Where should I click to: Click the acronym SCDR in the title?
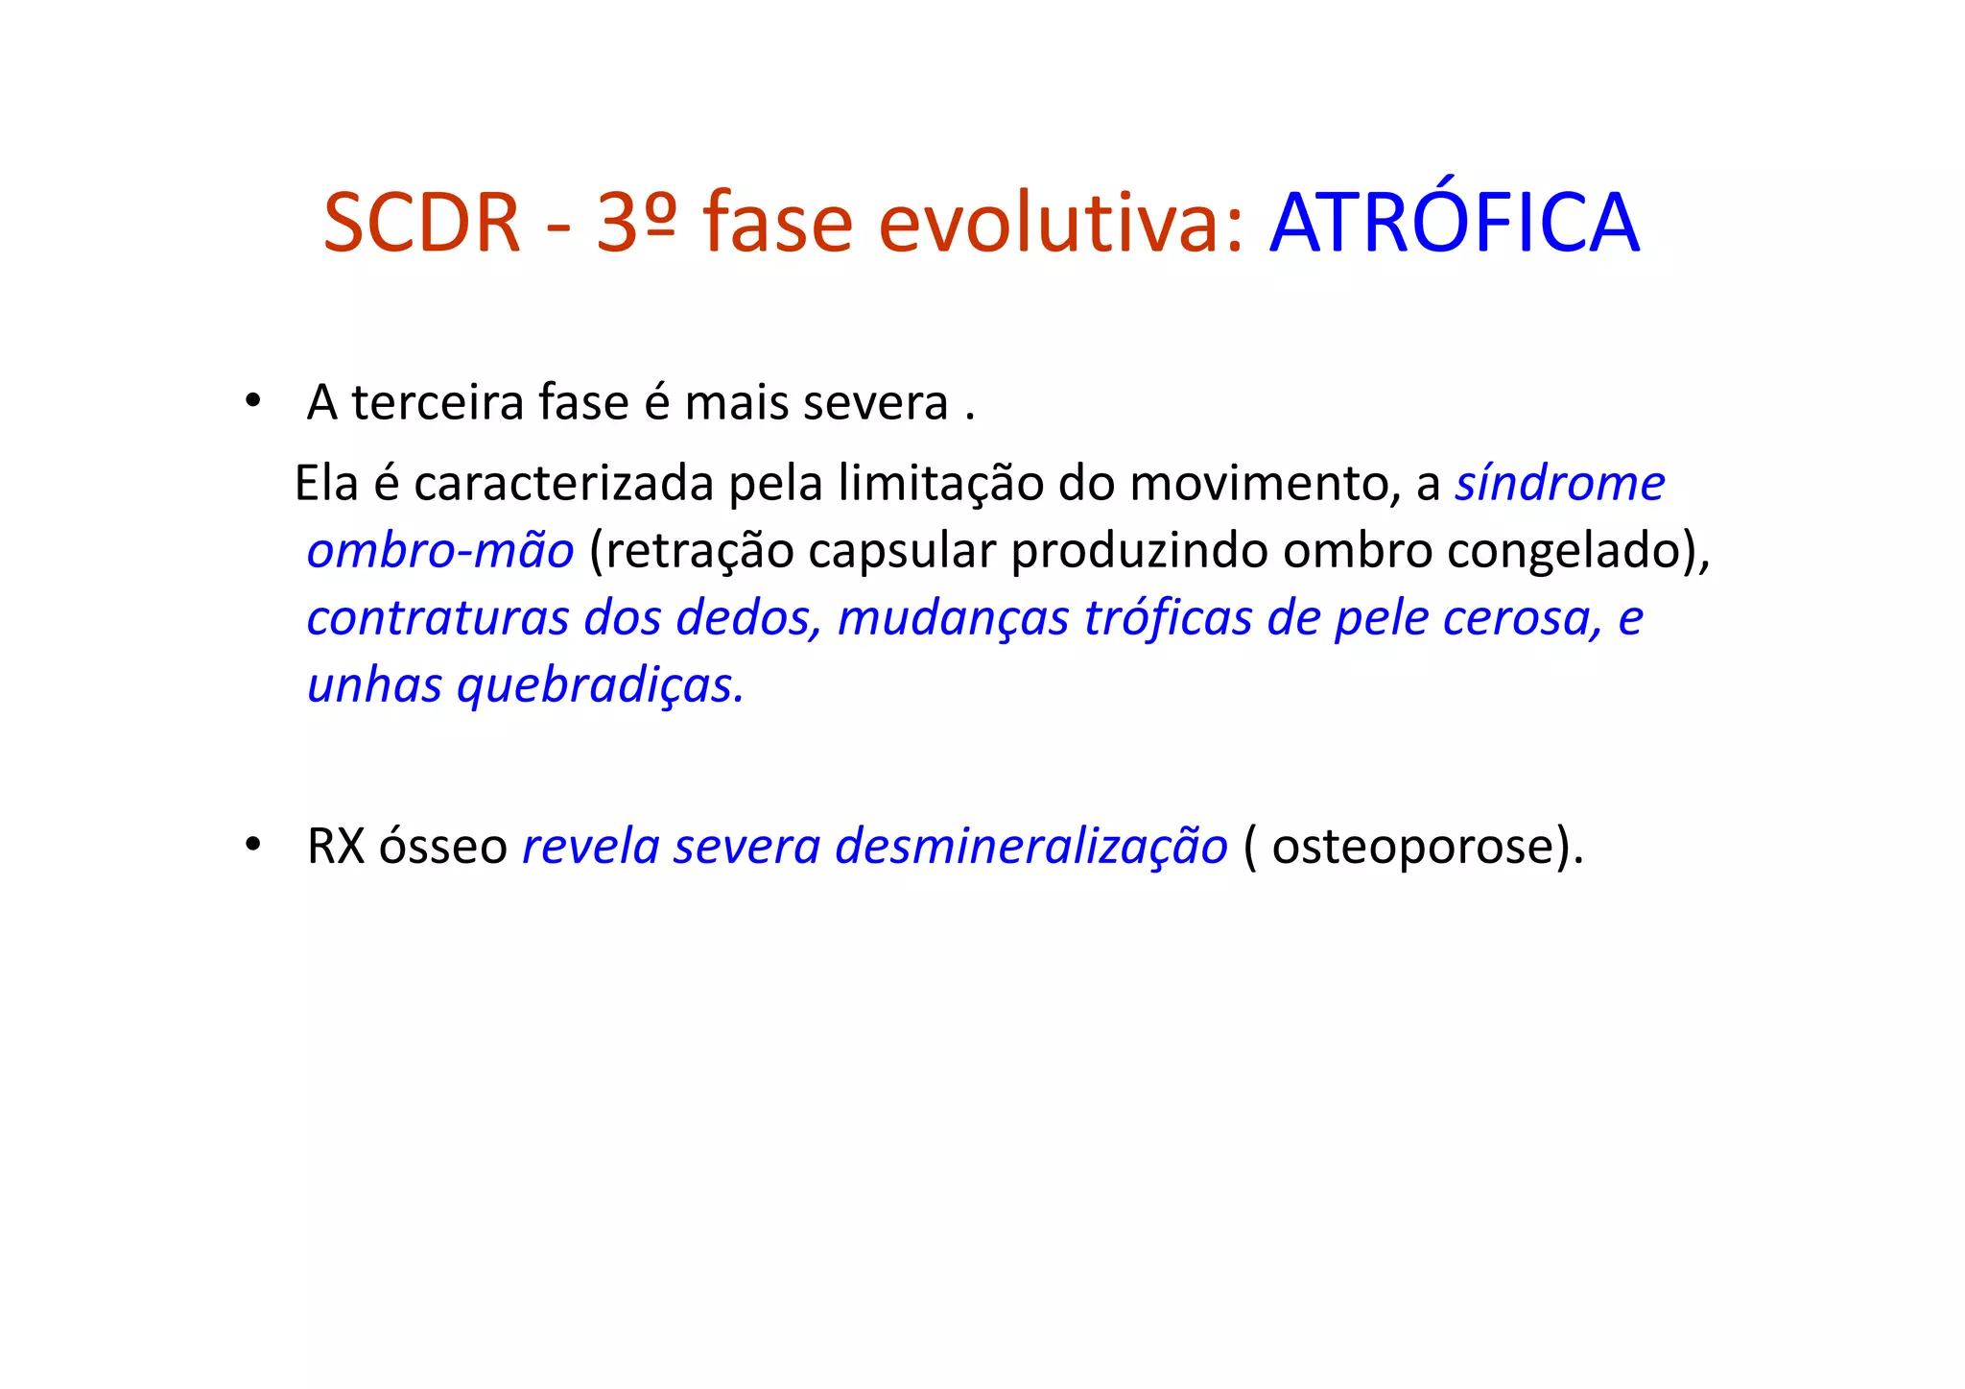click(421, 224)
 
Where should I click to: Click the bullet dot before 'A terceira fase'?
click(252, 401)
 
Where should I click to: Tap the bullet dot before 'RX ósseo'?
click(252, 846)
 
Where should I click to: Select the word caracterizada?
click(563, 483)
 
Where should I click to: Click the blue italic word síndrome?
click(1560, 483)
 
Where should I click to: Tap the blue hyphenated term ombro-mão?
click(440, 551)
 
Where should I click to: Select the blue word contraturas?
click(438, 618)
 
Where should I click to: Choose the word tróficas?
click(1168, 618)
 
